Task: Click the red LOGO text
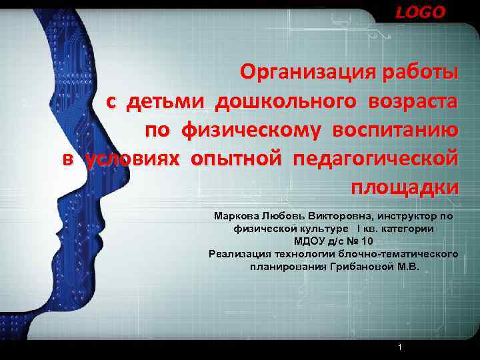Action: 420,13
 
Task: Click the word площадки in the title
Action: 404,189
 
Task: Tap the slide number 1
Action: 399,348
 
